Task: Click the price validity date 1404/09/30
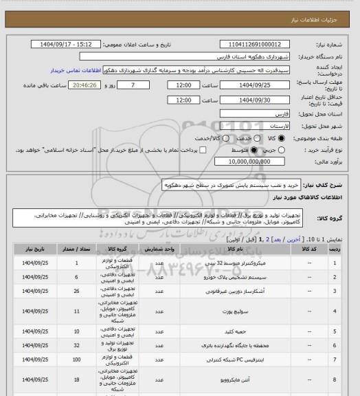pyautogui.click(x=250, y=100)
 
